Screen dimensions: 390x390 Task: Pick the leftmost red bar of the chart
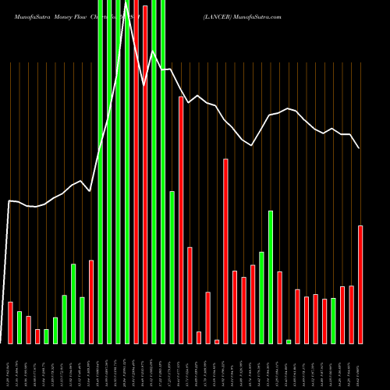coord(10,322)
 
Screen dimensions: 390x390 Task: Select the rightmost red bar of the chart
coord(360,284)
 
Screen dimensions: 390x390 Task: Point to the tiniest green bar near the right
coord(289,342)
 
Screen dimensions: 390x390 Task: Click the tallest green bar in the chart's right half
coord(271,277)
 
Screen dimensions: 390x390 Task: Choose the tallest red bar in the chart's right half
coord(226,251)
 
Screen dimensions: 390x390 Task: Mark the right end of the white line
coord(360,147)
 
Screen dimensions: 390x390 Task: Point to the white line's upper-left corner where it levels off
coord(9,201)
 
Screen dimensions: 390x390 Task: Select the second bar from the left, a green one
coord(19,327)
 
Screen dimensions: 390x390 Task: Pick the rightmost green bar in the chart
coord(333,321)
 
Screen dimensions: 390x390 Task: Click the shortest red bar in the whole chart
coord(217,341)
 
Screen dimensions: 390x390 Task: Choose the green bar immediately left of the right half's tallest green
coord(261,297)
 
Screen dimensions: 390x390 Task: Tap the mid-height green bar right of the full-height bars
coord(172,267)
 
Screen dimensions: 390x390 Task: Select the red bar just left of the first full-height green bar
coord(91,301)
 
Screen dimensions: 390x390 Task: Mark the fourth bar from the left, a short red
coord(37,336)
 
